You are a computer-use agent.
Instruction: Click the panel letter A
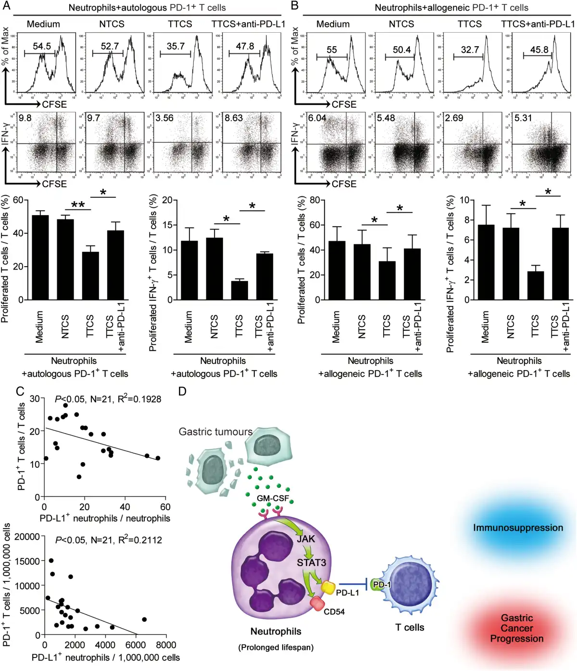click(7, 6)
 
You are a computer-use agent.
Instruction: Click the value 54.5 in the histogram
click(42, 46)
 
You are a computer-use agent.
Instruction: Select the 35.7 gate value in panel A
click(176, 46)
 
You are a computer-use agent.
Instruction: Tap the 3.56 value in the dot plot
click(164, 118)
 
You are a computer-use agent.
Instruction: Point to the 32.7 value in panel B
click(470, 50)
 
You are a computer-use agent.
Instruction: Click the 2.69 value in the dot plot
click(454, 118)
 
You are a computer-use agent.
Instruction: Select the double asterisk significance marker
click(78, 206)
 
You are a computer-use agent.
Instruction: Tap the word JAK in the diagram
click(306, 539)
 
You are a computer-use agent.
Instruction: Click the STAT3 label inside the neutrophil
click(311, 562)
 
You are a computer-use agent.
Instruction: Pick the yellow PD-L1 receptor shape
click(328, 587)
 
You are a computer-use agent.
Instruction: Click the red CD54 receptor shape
click(317, 603)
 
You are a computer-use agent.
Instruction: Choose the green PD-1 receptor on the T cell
click(378, 585)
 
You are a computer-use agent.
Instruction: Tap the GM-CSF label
click(273, 498)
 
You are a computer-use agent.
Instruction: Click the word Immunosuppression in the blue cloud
click(518, 528)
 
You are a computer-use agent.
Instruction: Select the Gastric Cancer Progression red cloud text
click(517, 628)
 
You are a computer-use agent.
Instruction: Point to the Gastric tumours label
click(215, 432)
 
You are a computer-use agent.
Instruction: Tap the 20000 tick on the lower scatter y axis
click(27, 537)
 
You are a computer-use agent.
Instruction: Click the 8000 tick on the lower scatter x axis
click(165, 645)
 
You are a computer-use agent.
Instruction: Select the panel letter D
click(182, 391)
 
